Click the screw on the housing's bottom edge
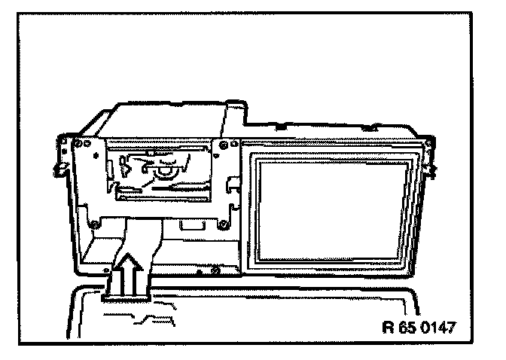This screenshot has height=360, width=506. click(217, 269)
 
